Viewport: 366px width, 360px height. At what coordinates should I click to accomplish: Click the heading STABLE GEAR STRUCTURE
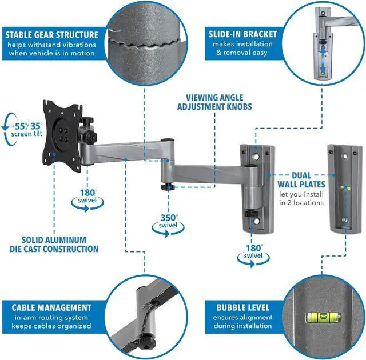pos(53,35)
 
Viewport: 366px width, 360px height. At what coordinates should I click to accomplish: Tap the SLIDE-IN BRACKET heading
pos(241,35)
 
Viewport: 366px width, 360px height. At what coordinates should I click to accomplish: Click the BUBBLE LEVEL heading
pos(242,307)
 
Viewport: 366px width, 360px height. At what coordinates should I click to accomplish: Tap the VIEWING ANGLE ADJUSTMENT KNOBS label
pos(214,102)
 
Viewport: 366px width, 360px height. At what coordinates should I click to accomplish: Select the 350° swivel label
pos(169,222)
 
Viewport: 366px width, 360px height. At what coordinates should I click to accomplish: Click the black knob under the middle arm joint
pos(167,186)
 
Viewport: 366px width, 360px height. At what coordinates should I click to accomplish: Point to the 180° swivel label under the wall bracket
pos(254,252)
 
